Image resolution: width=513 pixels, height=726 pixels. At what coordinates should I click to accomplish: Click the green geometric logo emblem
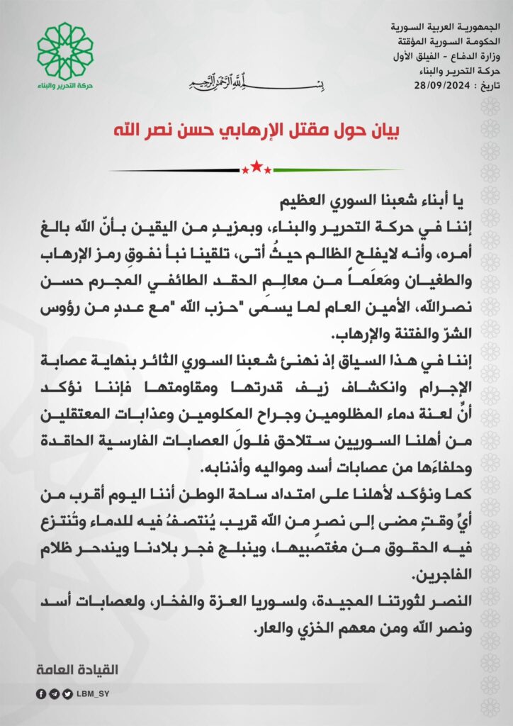(x=64, y=51)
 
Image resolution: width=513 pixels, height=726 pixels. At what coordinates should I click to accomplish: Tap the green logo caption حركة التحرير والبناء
(x=64, y=86)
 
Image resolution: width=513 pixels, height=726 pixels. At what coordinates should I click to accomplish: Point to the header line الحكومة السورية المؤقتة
(x=440, y=42)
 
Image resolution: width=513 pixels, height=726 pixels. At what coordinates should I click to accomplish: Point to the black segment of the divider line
(x=177, y=170)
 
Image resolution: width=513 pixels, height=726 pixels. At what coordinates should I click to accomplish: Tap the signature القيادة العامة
(x=78, y=669)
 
